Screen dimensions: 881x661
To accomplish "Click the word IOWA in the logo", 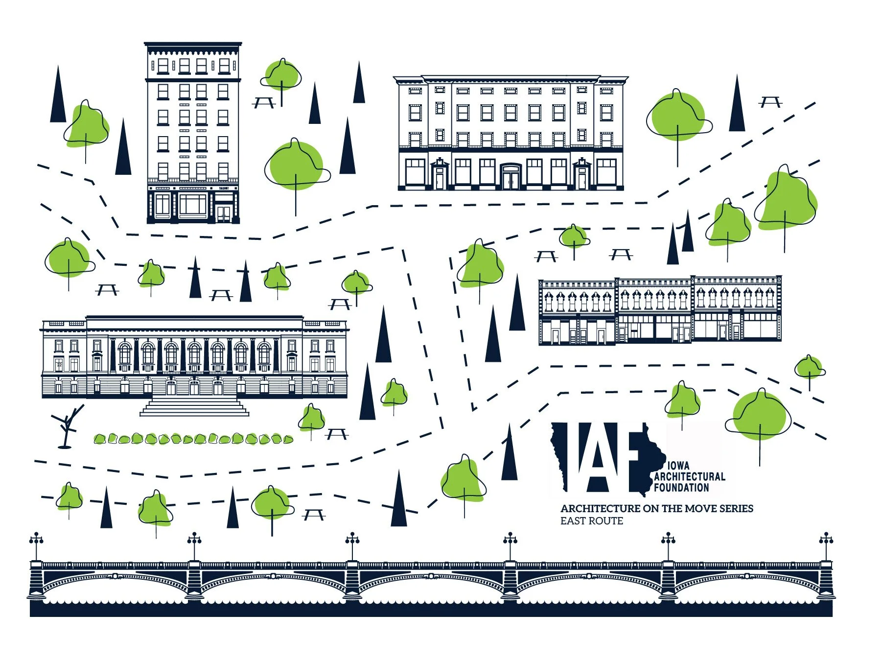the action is coord(678,466).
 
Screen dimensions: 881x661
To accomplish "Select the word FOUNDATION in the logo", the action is coord(681,487).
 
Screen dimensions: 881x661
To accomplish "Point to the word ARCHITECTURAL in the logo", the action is coord(690,476).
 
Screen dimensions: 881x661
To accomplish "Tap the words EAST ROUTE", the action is coord(592,521).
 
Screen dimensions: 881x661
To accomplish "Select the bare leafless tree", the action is coord(68,426).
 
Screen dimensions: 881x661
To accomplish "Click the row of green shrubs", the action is coord(193,439).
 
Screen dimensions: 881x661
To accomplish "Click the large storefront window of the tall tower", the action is coord(193,205).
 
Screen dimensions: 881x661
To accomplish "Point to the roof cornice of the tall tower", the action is coord(193,48).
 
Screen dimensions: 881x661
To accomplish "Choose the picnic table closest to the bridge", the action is coord(314,514).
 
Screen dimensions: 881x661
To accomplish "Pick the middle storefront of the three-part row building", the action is coord(654,311).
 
